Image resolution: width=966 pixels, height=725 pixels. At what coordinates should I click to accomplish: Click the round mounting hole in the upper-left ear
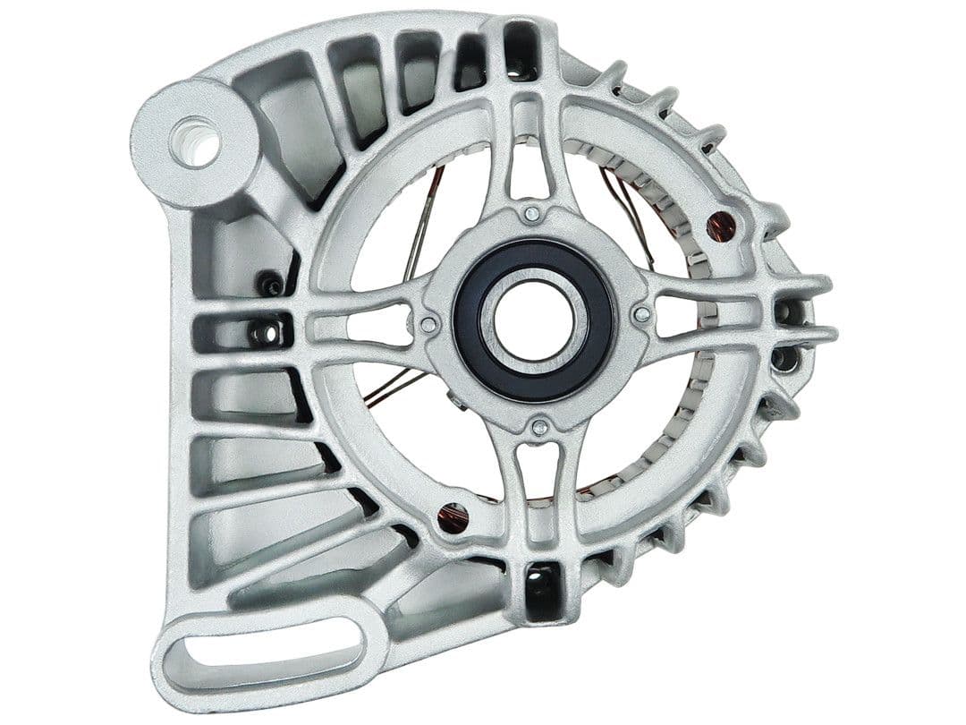[198, 143]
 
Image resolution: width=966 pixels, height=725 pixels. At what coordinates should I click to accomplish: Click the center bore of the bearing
[534, 320]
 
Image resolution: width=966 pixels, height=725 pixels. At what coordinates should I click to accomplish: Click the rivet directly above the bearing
[532, 213]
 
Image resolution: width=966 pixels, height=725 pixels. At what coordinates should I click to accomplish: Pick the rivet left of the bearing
[429, 325]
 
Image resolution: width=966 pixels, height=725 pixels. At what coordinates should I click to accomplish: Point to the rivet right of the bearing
[641, 314]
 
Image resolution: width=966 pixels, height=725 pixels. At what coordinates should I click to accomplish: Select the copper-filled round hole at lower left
[453, 518]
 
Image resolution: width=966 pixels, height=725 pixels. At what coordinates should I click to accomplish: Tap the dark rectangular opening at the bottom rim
[543, 591]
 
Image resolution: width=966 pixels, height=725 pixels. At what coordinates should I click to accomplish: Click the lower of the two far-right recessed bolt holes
[784, 358]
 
